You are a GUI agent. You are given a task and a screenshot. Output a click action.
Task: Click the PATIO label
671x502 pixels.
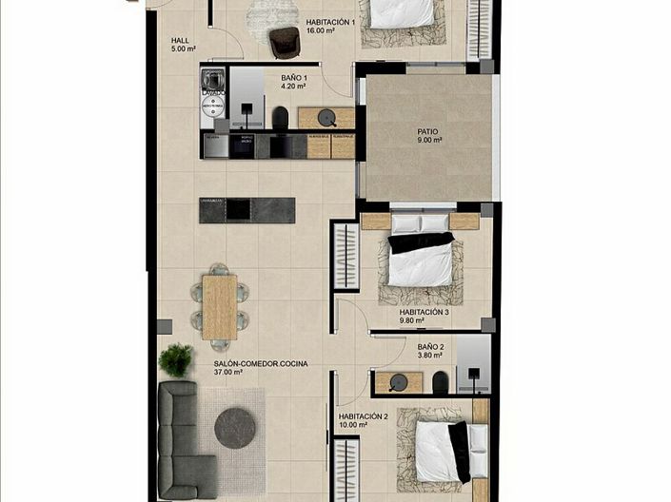[428, 132]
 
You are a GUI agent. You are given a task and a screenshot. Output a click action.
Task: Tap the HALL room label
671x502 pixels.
[181, 41]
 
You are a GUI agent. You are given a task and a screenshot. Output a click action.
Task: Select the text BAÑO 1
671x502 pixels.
[293, 78]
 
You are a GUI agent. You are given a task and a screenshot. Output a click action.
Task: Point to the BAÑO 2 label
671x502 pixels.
[430, 347]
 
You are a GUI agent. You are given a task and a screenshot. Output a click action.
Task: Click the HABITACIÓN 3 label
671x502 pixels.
[424, 312]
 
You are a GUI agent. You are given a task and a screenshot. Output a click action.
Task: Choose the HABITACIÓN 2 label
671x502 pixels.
[363, 416]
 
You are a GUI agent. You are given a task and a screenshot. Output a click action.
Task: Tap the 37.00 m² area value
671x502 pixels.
[228, 374]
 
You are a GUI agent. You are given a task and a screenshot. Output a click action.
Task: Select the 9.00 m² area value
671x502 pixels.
[429, 142]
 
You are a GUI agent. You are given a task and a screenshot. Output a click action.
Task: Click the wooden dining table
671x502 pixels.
[219, 306]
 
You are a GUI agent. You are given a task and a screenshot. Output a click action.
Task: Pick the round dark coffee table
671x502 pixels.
[234, 428]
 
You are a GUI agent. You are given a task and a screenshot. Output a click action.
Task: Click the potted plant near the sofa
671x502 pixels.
[175, 359]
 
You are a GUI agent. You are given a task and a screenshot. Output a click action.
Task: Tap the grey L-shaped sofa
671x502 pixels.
[181, 437]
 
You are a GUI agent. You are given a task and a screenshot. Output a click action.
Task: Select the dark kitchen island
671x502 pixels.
[247, 209]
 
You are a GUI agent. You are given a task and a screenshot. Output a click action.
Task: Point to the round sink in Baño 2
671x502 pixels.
[399, 382]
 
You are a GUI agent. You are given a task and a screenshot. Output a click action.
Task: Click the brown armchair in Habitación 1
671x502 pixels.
[284, 41]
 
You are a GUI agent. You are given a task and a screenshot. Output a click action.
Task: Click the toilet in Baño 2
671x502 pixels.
[440, 383]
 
